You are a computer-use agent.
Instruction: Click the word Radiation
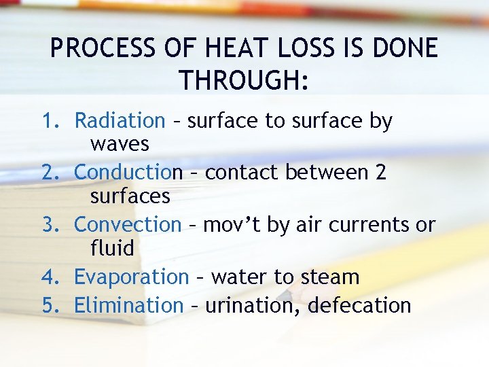[x=120, y=121]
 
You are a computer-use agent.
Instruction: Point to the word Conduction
[x=128, y=173]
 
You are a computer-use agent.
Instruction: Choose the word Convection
[x=128, y=224]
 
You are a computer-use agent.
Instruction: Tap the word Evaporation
[x=131, y=277]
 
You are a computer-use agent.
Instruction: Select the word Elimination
[x=128, y=306]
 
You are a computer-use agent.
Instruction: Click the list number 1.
[x=50, y=121]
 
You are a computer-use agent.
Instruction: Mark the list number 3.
[x=50, y=224]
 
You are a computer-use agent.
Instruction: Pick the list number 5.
[x=50, y=306]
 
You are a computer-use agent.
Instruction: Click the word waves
[x=120, y=145]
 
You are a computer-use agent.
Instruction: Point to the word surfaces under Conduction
[x=130, y=196]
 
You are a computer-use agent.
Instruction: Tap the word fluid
[x=112, y=248]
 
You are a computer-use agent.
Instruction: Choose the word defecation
[x=359, y=306]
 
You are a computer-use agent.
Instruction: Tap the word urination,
[x=253, y=306]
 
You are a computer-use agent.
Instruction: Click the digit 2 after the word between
[x=380, y=173]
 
